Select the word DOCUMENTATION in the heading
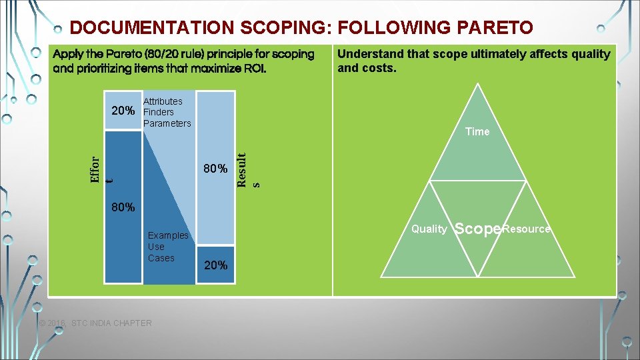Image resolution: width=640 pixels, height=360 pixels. tap(151, 27)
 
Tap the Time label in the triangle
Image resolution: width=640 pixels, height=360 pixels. tap(477, 131)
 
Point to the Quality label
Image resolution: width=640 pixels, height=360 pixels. tap(429, 229)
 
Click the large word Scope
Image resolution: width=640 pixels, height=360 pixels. tap(477, 229)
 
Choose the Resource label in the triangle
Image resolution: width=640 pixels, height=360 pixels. tap(527, 229)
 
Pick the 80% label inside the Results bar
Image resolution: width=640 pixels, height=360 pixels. tap(215, 169)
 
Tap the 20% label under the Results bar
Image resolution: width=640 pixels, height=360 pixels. tap(215, 265)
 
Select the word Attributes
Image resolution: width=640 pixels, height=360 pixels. tap(163, 101)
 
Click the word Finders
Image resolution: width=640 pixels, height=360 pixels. tap(158, 112)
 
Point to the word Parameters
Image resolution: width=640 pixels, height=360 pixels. tap(167, 123)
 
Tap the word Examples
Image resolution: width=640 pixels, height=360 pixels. tap(168, 235)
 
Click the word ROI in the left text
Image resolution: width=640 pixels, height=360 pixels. tap(253, 68)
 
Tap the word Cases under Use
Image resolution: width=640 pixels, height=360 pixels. tap(161, 258)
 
